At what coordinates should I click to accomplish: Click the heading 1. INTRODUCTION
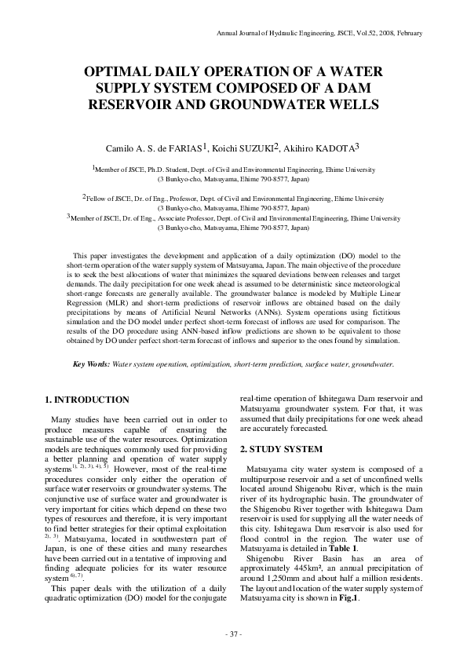[87, 400]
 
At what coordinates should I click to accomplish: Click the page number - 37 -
[233, 633]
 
